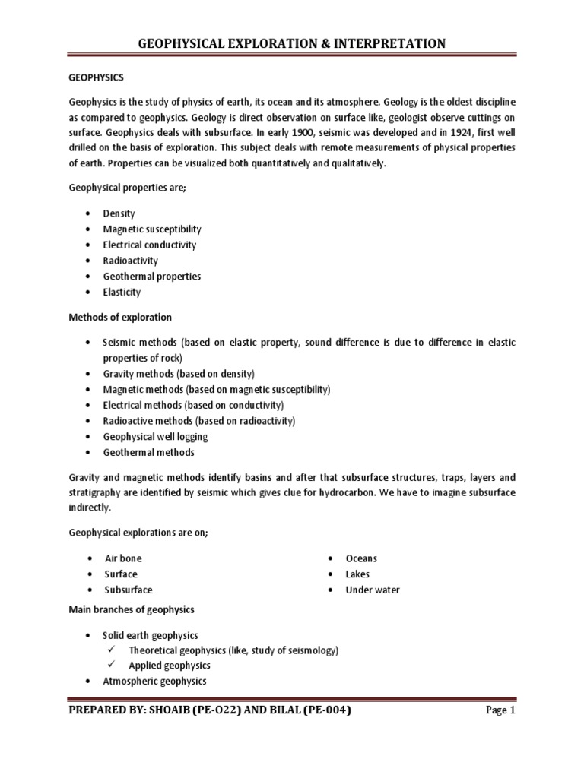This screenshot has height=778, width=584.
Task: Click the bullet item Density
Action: (119, 213)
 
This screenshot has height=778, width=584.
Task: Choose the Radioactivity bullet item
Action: (130, 261)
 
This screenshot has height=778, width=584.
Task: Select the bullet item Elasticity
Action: (122, 292)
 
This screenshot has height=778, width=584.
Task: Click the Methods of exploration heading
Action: (121, 317)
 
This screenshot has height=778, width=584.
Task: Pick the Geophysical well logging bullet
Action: (155, 437)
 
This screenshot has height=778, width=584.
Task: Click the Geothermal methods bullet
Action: (148, 452)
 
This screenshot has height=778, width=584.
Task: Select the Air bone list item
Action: (123, 558)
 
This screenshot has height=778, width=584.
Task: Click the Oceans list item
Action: (361, 558)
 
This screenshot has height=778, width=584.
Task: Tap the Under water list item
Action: (373, 590)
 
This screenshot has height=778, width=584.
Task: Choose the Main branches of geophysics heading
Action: (132, 609)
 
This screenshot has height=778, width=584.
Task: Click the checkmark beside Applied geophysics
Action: (111, 666)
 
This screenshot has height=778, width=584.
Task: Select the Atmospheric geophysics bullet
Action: (154, 681)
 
